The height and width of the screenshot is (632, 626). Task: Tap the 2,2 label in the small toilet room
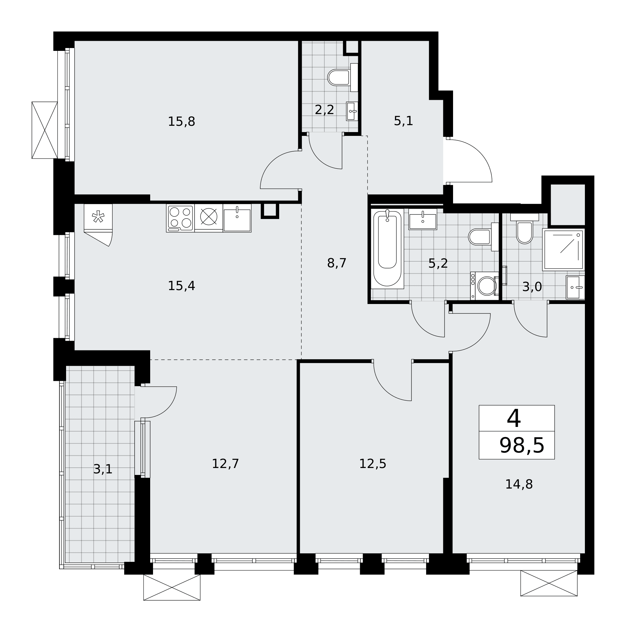(x=324, y=110)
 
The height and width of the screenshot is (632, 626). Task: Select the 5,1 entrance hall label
(x=403, y=121)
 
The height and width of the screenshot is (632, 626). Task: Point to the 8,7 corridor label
(x=336, y=263)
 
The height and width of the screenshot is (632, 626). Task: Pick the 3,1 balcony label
(x=103, y=469)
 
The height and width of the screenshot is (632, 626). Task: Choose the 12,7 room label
(x=225, y=464)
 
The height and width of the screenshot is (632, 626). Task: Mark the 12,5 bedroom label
(x=372, y=464)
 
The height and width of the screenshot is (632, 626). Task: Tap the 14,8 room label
(x=519, y=484)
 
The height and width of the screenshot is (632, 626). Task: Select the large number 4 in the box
(x=513, y=418)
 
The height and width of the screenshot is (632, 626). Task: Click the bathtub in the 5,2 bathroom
(x=387, y=249)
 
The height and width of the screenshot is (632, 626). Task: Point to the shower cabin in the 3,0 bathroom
(x=563, y=250)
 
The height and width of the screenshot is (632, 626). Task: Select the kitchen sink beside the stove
(x=237, y=218)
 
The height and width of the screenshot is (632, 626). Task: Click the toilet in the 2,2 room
(x=343, y=77)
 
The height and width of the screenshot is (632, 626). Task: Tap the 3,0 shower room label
(x=532, y=287)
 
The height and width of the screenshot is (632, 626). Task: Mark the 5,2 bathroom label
(x=438, y=263)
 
